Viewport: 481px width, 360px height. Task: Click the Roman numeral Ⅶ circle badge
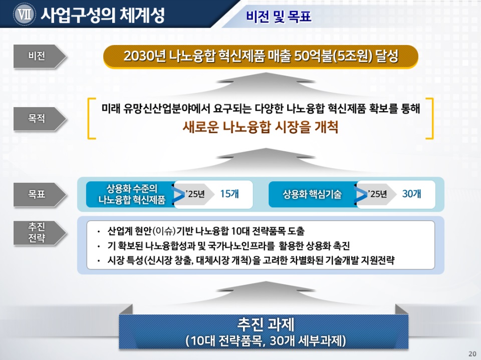coord(24,14)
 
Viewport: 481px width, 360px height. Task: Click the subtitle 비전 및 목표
coord(279,16)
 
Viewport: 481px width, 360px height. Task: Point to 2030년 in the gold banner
coord(145,56)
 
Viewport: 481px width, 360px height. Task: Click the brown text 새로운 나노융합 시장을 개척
coord(261,127)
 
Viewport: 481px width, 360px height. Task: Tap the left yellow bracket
coord(89,118)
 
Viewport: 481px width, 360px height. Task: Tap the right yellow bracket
coord(432,118)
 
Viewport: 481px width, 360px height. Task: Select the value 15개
coord(229,194)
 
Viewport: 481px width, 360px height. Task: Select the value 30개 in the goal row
coord(411,194)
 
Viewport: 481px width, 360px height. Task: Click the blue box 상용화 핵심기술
coord(312,194)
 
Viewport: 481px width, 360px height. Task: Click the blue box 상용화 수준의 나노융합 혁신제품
coord(131,194)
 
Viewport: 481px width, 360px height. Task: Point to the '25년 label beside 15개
coord(195,194)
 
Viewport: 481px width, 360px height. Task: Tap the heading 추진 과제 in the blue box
coord(266,324)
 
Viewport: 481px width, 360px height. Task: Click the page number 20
coord(472,353)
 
